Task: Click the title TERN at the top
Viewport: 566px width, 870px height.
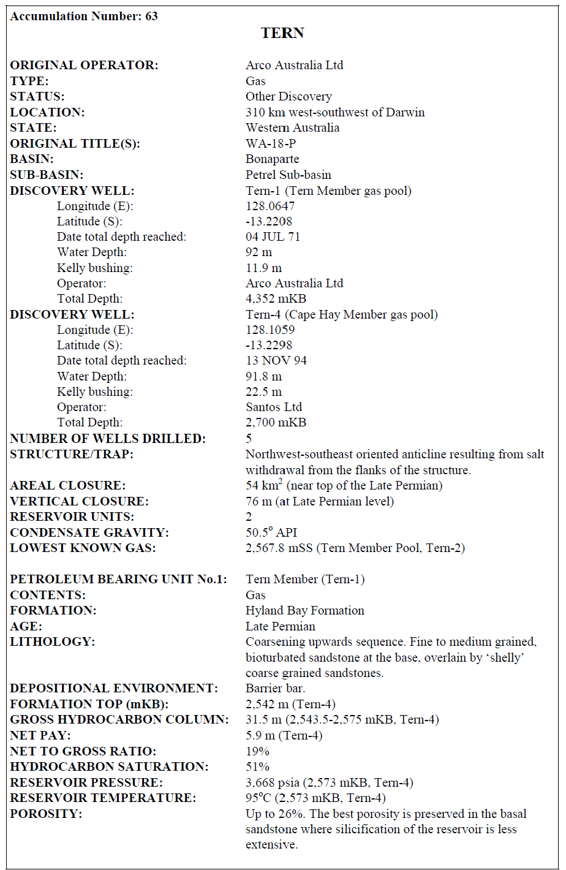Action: (282, 33)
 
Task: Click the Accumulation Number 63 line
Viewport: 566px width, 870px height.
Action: (84, 17)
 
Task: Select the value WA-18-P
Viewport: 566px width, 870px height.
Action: (271, 143)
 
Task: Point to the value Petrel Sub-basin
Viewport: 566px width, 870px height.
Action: (289, 175)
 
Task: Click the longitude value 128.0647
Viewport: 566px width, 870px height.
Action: (270, 206)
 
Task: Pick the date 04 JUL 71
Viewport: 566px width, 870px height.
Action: (273, 236)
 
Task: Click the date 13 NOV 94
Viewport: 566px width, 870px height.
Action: (276, 360)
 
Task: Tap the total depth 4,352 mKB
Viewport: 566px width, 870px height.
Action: (276, 299)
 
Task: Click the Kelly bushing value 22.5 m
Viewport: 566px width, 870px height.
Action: (264, 391)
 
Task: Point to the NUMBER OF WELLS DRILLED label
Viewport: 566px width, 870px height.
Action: (108, 439)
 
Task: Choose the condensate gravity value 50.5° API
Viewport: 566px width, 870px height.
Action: (271, 532)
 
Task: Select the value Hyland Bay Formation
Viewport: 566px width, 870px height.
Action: (305, 610)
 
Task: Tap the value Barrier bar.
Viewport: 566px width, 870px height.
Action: (271, 688)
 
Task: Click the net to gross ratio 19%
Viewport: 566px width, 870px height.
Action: (257, 751)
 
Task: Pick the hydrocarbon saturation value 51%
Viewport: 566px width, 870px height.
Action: (257, 766)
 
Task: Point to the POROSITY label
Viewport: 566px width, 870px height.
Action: (46, 814)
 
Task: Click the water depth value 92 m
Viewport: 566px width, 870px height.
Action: (259, 252)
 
